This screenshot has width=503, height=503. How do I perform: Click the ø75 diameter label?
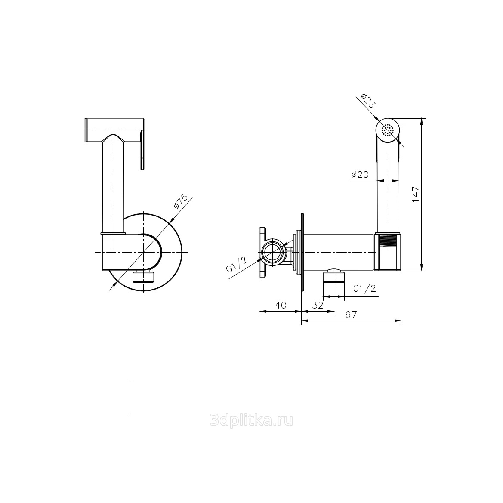pyautogui.click(x=181, y=202)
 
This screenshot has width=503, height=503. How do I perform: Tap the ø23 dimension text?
pyautogui.click(x=367, y=100)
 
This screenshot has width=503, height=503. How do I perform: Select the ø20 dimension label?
pyautogui.click(x=360, y=175)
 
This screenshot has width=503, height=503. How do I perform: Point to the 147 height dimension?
pyautogui.click(x=415, y=194)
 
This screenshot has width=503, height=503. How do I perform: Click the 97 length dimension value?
pyautogui.click(x=351, y=315)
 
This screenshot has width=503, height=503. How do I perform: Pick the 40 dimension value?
pyautogui.click(x=281, y=305)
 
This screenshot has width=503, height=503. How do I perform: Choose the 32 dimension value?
pyautogui.click(x=318, y=305)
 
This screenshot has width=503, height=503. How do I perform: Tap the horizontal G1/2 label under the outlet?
pyautogui.click(x=364, y=288)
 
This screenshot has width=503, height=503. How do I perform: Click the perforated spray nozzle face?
pyautogui.click(x=388, y=130)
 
